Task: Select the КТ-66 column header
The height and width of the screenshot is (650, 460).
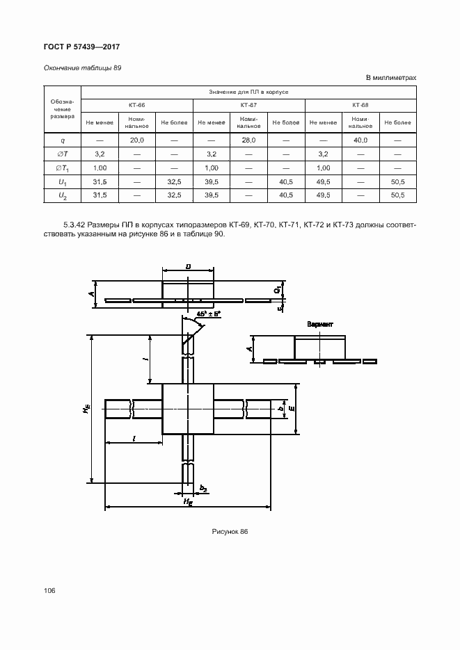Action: (136, 105)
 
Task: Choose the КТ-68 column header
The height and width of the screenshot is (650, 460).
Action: (360, 105)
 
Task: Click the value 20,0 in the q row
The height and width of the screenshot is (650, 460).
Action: (136, 140)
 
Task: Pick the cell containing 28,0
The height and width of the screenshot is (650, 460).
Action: (248, 140)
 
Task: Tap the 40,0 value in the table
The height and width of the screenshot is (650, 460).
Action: (360, 140)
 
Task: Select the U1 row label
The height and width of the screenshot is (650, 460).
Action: (63, 181)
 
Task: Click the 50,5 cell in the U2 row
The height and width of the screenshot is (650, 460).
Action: (397, 195)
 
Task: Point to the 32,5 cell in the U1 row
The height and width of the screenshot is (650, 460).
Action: (174, 181)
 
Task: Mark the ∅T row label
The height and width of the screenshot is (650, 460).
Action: (62, 154)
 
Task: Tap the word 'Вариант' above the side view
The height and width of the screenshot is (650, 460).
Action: (320, 325)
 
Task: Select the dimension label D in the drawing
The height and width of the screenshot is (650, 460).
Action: (189, 266)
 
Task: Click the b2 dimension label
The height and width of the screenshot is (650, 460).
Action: (203, 489)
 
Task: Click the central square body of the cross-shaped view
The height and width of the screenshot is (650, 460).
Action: (187, 409)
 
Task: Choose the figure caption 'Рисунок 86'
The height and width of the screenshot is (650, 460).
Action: (230, 531)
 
